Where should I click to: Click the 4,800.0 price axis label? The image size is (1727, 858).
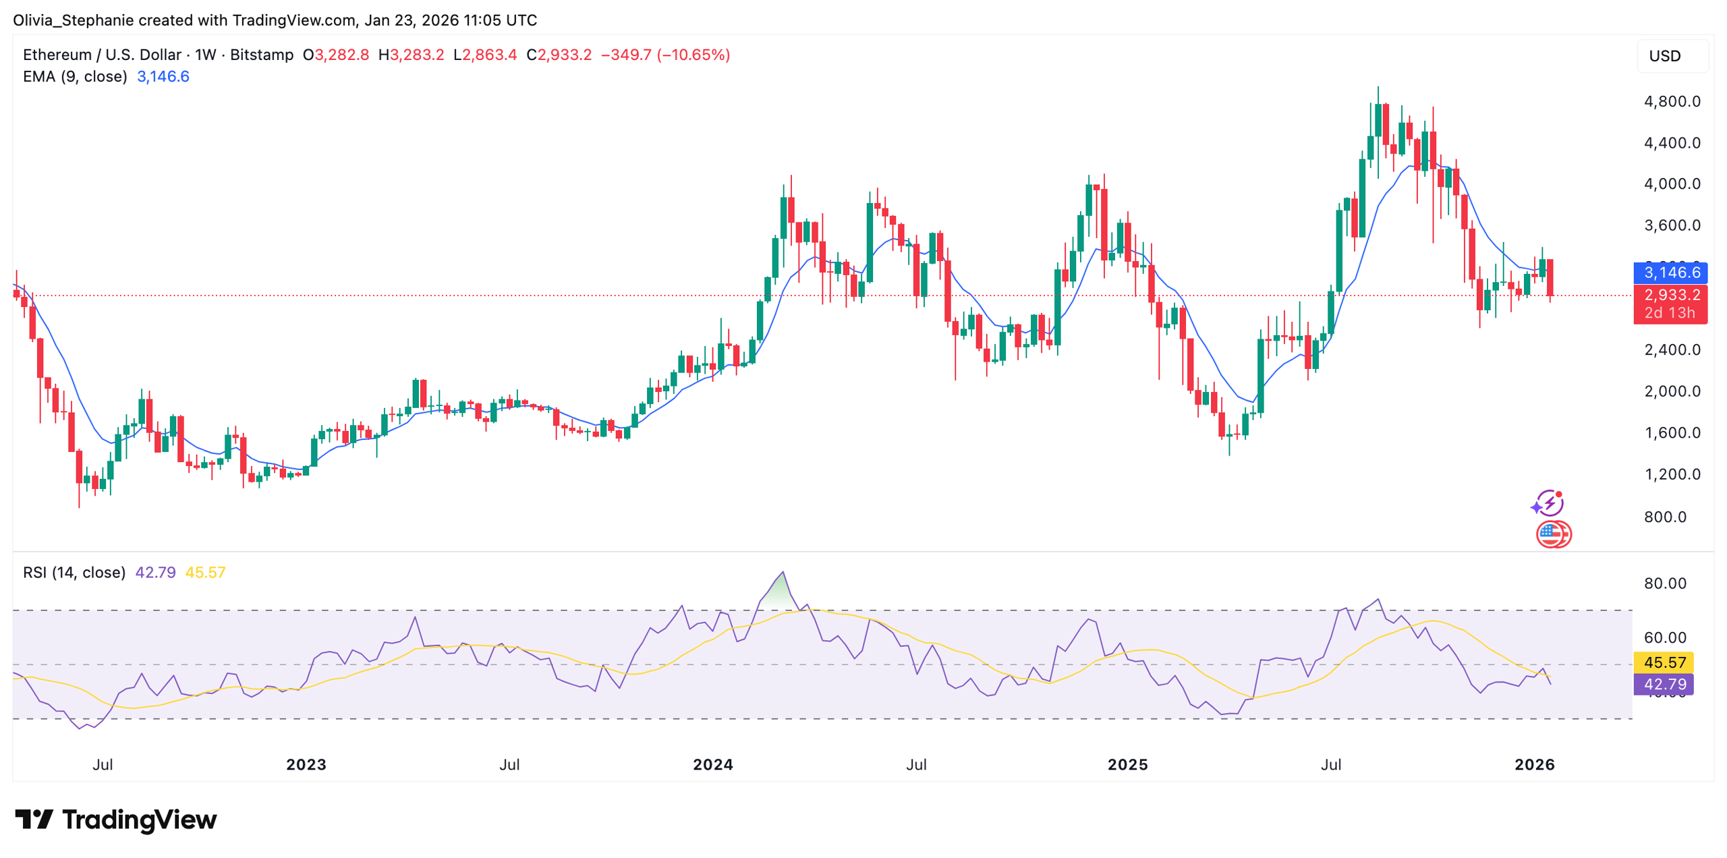(x=1672, y=101)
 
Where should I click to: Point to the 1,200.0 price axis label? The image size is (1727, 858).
(x=1672, y=474)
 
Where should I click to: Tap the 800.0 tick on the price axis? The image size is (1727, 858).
(x=1665, y=516)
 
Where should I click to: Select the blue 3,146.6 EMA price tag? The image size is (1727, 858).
(x=1670, y=272)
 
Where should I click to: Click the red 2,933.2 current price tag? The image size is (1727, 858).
(x=1670, y=295)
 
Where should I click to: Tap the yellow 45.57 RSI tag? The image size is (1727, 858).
(x=1664, y=662)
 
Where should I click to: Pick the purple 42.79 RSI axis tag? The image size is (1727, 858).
(x=1664, y=684)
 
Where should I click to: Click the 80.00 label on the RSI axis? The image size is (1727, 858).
(x=1665, y=583)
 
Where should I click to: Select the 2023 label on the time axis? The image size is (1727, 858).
(x=306, y=764)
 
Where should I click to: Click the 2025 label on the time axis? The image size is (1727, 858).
(x=1127, y=764)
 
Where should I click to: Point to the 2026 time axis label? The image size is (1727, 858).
(x=1534, y=764)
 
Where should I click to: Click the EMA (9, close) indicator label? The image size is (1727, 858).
(x=75, y=76)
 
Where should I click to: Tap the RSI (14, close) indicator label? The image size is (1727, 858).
(x=74, y=572)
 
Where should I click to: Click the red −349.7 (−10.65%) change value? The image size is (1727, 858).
(x=664, y=55)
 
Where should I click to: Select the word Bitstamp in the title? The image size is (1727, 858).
(x=262, y=55)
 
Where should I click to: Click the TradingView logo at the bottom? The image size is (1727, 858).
(x=116, y=820)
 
